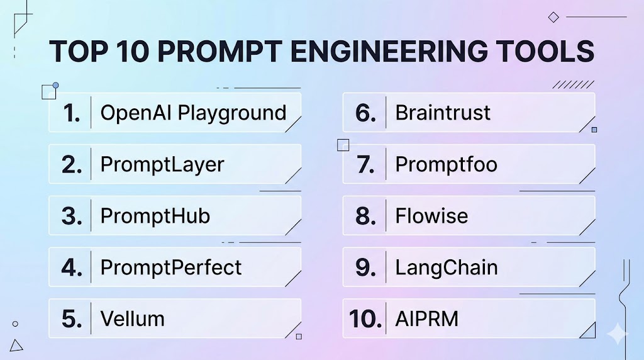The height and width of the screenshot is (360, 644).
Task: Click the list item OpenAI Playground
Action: pyautogui.click(x=193, y=113)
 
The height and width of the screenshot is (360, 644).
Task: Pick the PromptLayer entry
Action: pyautogui.click(x=162, y=165)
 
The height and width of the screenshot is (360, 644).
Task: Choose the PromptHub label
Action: pyautogui.click(x=155, y=216)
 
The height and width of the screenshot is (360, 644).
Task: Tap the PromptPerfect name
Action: pyautogui.click(x=171, y=267)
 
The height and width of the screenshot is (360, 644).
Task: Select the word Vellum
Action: pyautogui.click(x=132, y=319)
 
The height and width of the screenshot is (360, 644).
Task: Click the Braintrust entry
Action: pyautogui.click(x=443, y=113)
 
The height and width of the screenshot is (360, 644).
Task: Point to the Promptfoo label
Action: pyautogui.click(x=446, y=165)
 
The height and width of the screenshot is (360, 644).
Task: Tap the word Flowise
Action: pyautogui.click(x=431, y=216)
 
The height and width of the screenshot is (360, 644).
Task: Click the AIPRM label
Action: pyautogui.click(x=427, y=319)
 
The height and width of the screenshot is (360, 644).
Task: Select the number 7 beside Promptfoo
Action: pyautogui.click(x=365, y=165)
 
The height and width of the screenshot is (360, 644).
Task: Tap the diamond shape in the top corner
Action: pyautogui.click(x=553, y=17)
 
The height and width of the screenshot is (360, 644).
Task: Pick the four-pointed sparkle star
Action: pyautogui.click(x=618, y=334)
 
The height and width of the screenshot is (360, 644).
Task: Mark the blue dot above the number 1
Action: pyautogui.click(x=55, y=86)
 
